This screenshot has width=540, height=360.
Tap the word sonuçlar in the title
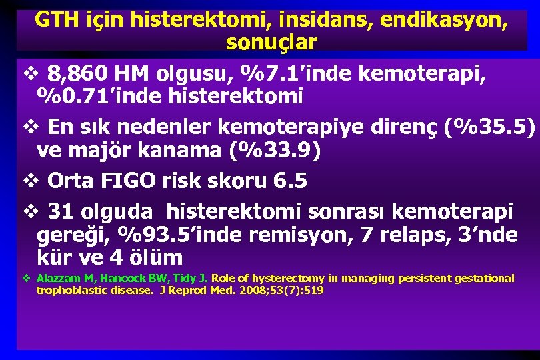271,41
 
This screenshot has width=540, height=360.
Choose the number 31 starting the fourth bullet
61,211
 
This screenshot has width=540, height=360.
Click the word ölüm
153,257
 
